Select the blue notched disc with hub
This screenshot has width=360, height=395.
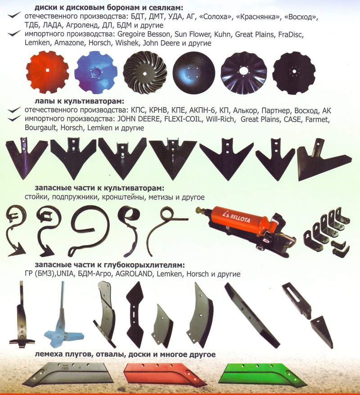pyautogui.click(x=96, y=72)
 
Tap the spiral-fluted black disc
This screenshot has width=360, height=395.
pyautogui.click(x=145, y=73)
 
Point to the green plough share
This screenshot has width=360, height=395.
pyautogui.click(x=264, y=375)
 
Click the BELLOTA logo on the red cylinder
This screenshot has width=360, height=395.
pyautogui.click(x=237, y=218)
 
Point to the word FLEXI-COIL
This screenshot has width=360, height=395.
pyautogui.click(x=183, y=119)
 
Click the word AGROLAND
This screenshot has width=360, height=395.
pyautogui.click(x=134, y=273)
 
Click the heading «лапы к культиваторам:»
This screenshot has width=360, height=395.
pyautogui.click(x=80, y=101)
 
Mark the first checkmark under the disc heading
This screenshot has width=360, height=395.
pyautogui.click(x=14, y=15)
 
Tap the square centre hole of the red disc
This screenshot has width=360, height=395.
pyautogui.click(x=47, y=70)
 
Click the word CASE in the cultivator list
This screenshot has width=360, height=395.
pyautogui.click(x=292, y=119)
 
